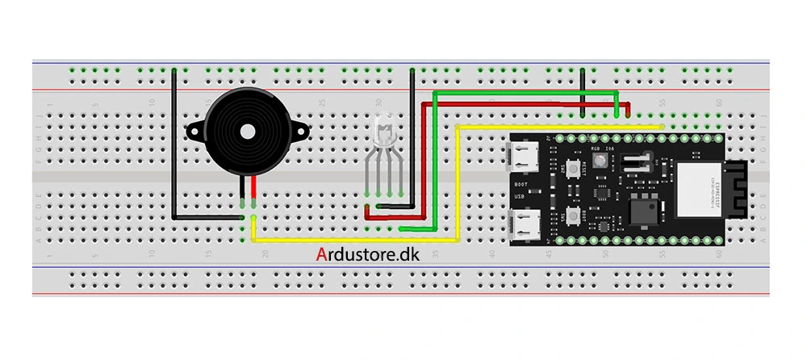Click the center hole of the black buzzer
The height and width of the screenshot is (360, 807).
click(245, 129)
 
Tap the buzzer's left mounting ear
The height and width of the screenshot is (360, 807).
click(195, 129)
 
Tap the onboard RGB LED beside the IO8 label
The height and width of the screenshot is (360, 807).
click(600, 161)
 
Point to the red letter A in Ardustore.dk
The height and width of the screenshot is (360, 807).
click(322, 256)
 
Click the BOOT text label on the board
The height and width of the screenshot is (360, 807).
click(521, 183)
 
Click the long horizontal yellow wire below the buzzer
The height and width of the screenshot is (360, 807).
click(355, 240)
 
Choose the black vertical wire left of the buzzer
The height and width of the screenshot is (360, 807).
click(174, 145)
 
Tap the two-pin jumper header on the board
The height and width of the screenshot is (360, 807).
click(636, 162)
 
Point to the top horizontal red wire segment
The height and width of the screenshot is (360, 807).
click(525, 103)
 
